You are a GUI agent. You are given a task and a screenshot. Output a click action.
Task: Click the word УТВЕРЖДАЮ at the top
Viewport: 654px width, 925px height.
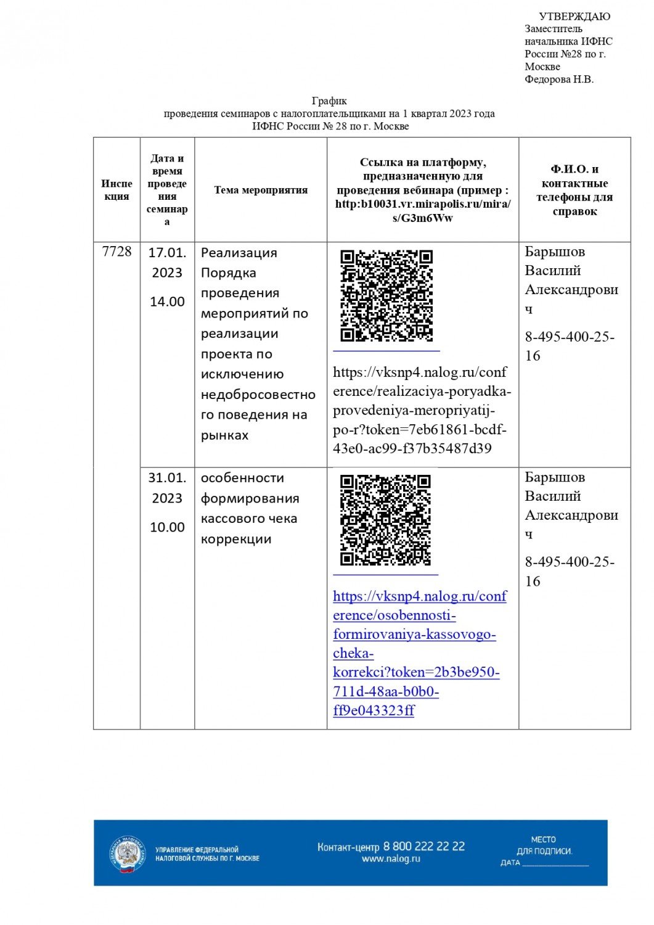click(574, 17)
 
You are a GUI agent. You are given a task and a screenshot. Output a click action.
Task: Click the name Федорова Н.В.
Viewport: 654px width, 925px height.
click(559, 80)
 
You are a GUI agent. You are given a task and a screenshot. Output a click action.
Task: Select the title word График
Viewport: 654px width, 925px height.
click(329, 101)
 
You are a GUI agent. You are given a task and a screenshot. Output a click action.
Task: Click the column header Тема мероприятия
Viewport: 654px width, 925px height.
click(261, 190)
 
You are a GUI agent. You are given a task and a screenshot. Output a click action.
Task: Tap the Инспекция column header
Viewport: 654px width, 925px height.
click(116, 190)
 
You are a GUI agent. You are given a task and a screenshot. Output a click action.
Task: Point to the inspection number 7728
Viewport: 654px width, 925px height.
click(116, 252)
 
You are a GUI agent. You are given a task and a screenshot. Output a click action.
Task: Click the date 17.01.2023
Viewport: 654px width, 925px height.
click(167, 263)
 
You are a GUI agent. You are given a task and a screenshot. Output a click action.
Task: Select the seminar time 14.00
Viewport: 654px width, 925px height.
click(167, 302)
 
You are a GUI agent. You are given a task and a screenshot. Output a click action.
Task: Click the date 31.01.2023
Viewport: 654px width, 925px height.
click(167, 488)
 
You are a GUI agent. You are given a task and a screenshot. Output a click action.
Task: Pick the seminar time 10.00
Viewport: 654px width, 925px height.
click(167, 527)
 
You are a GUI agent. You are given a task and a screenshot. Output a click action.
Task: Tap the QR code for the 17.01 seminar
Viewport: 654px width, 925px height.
click(386, 295)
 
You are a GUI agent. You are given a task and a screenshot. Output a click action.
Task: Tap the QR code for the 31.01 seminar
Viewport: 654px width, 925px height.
click(385, 520)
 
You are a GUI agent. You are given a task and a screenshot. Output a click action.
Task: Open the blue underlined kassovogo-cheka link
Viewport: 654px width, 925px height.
click(419, 653)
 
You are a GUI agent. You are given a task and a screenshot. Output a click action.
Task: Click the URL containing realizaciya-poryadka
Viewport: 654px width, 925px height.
click(422, 410)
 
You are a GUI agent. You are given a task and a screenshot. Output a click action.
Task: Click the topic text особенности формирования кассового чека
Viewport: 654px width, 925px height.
click(250, 508)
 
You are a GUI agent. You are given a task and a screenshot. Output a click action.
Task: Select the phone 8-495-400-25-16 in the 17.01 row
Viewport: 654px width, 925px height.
click(569, 346)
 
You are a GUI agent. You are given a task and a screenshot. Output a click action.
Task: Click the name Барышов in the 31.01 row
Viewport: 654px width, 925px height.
click(555, 477)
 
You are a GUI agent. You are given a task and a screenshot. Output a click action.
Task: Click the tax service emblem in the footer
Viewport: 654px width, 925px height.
click(128, 854)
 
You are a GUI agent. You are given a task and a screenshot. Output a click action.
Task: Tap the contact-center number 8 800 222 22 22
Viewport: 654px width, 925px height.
click(424, 846)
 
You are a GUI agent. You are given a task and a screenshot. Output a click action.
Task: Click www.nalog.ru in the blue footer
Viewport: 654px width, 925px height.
click(391, 859)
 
